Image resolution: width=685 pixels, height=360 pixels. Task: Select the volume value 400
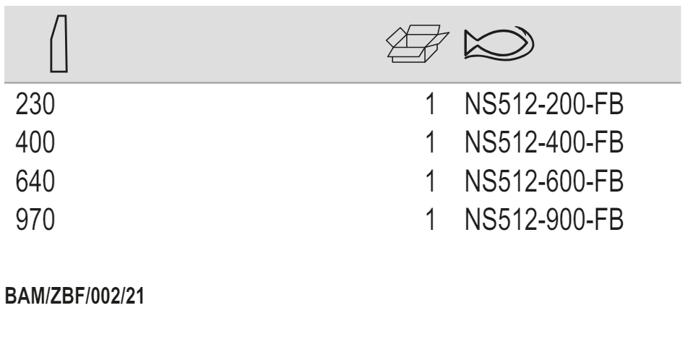(x=35, y=145)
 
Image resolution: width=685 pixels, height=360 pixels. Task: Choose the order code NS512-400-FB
(x=543, y=145)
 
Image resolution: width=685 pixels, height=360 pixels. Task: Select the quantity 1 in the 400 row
(x=431, y=145)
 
